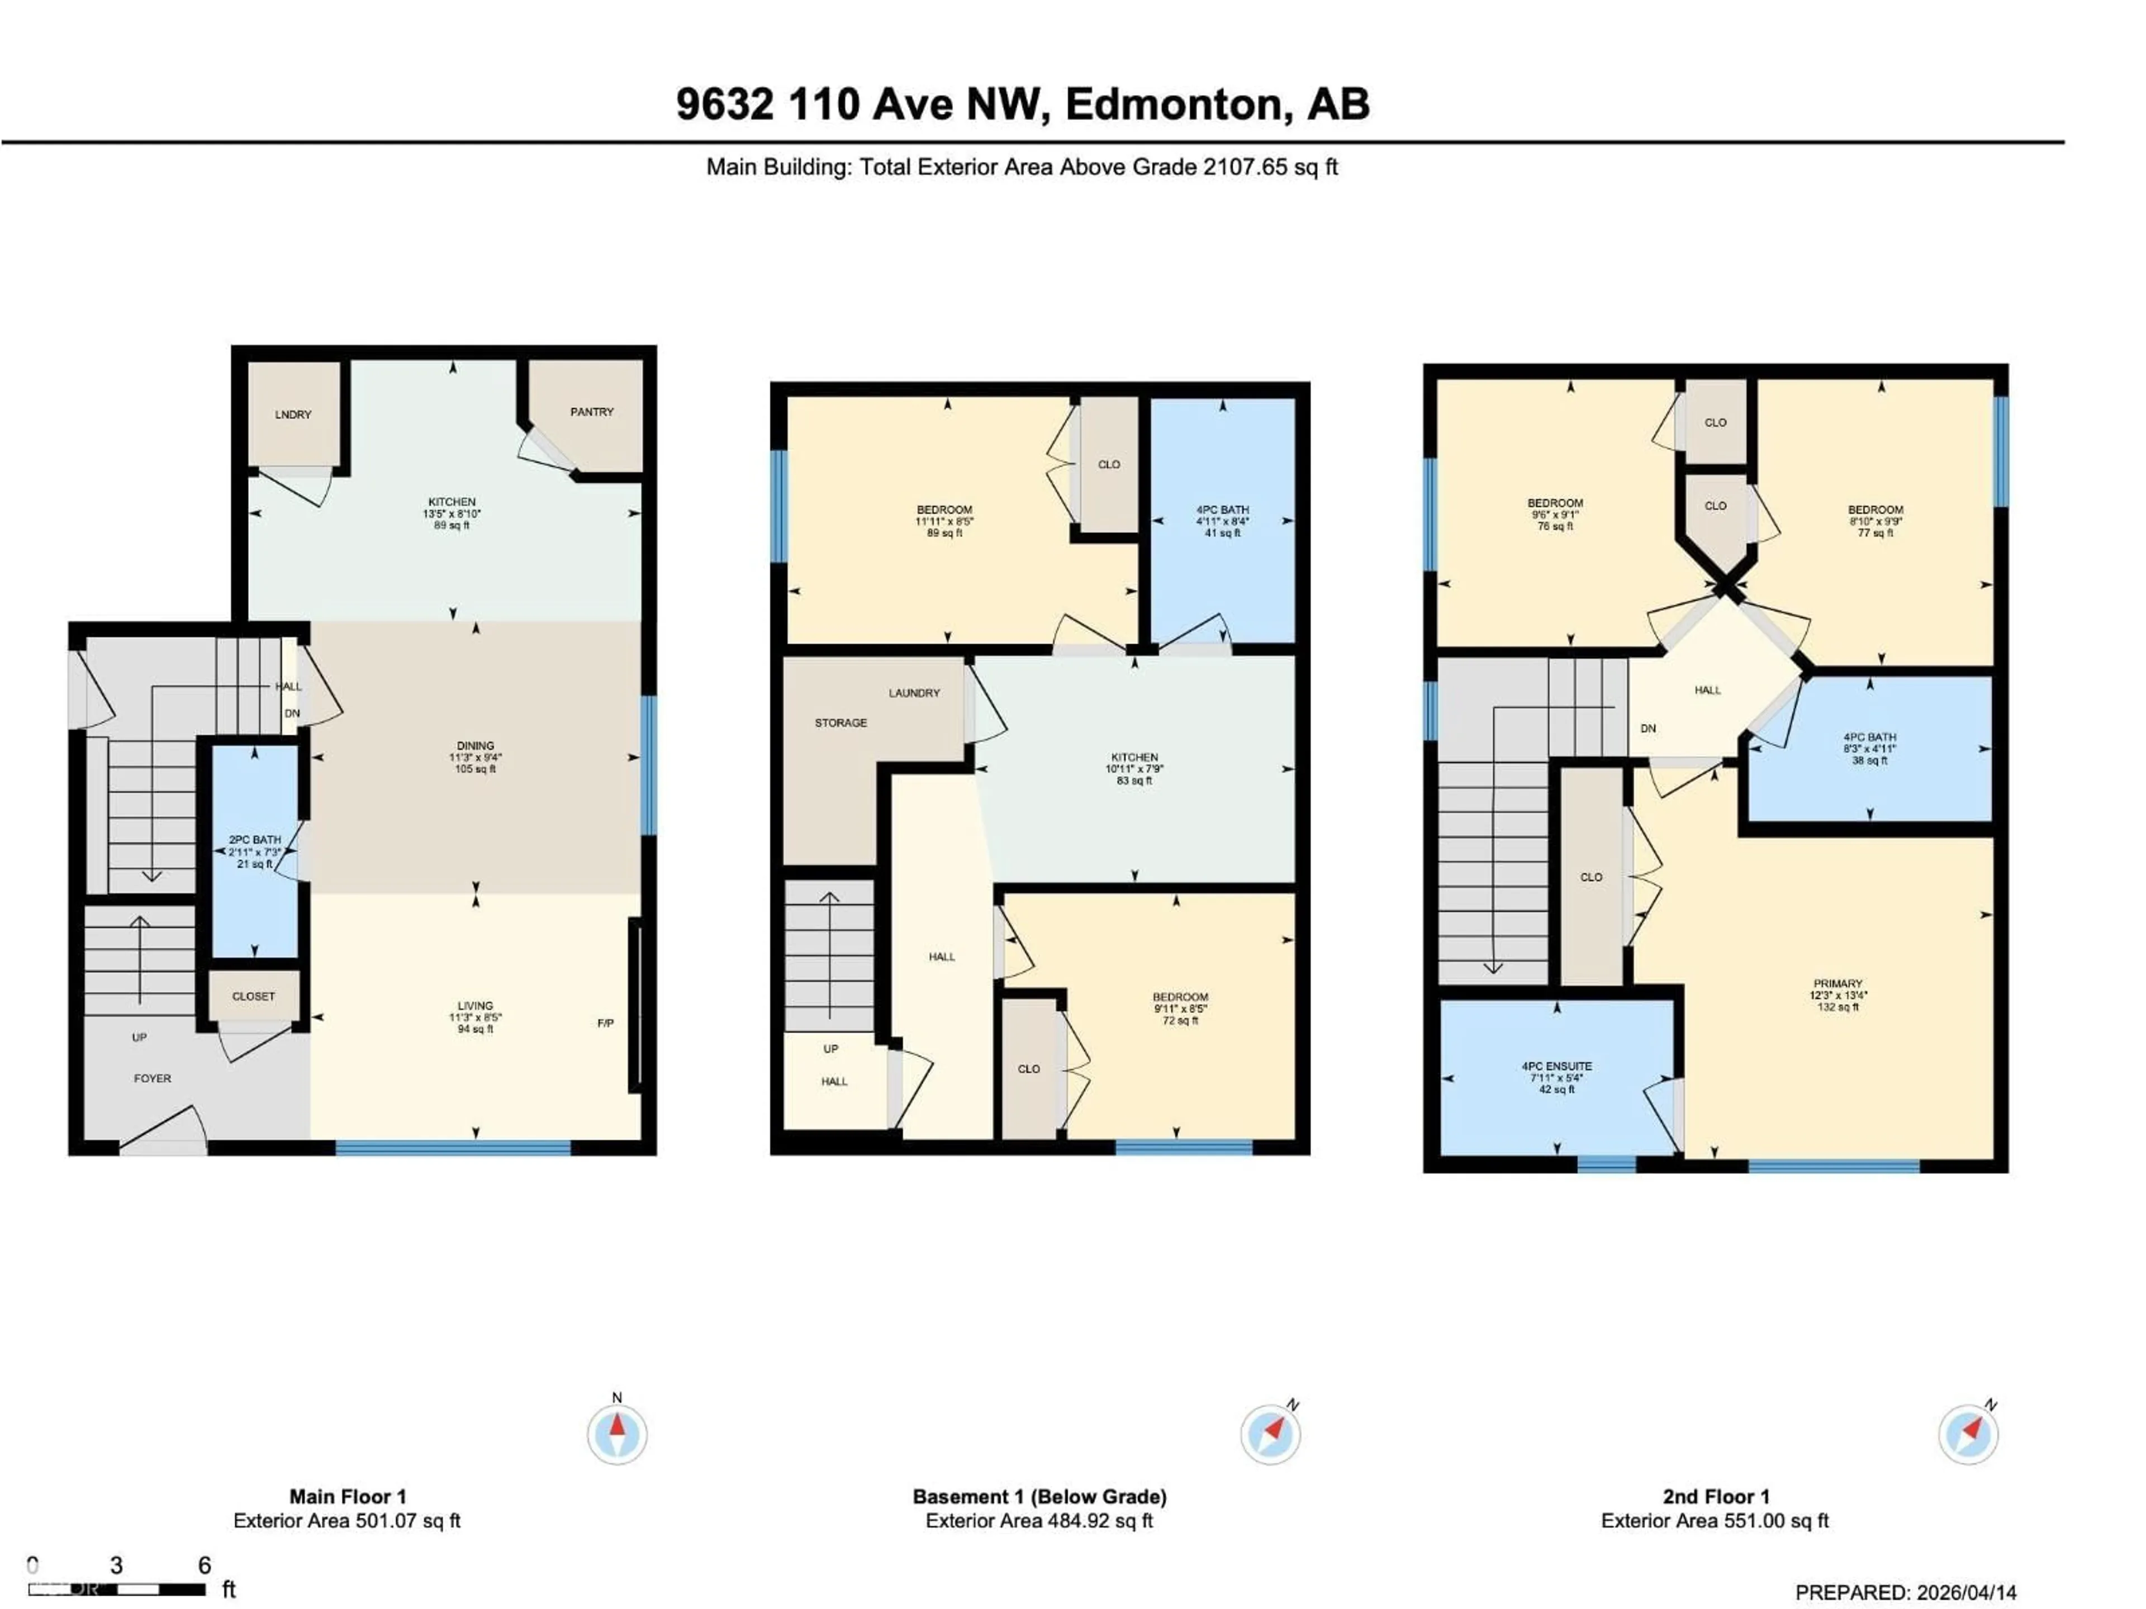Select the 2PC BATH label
pyautogui.click(x=254, y=840)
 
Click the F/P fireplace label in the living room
pyautogui.click(x=605, y=1023)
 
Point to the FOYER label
pyautogui.click(x=153, y=1078)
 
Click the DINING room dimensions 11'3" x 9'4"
pyautogui.click(x=476, y=758)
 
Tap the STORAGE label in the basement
pyautogui.click(x=840, y=722)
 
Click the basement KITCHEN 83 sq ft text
pyautogui.click(x=1134, y=780)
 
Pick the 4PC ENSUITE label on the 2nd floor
pyautogui.click(x=1556, y=1066)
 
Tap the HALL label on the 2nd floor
pyautogui.click(x=1707, y=691)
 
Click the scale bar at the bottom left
pyautogui.click(x=116, y=1589)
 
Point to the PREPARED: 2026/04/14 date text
pyautogui.click(x=1905, y=1592)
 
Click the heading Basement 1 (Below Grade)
pyautogui.click(x=1039, y=1497)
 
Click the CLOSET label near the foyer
pyautogui.click(x=253, y=996)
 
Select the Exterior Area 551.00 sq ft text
pyautogui.click(x=1714, y=1521)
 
